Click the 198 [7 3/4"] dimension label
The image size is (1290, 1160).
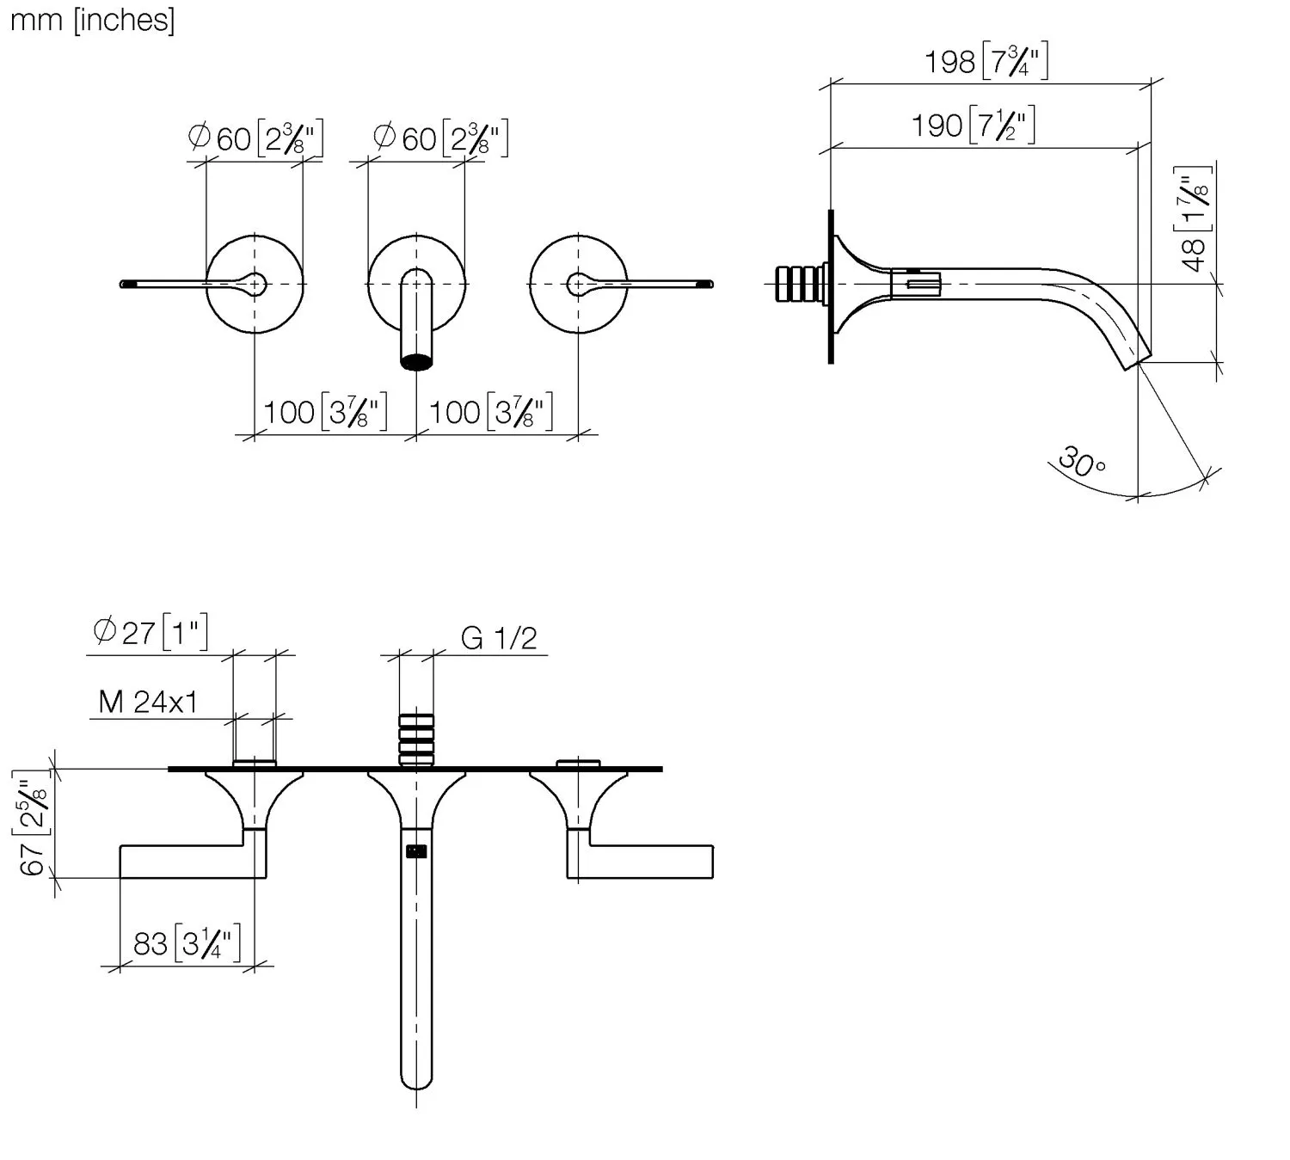pyautogui.click(x=986, y=60)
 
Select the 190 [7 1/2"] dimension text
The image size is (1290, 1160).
pyautogui.click(x=973, y=124)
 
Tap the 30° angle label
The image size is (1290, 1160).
pyautogui.click(x=1082, y=462)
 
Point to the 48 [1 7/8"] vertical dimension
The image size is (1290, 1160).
pyautogui.click(x=1192, y=219)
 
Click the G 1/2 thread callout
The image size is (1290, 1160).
pyautogui.click(x=499, y=638)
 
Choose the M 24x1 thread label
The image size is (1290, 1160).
pyautogui.click(x=148, y=702)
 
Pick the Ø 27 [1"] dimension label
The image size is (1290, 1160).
pyautogui.click(x=150, y=632)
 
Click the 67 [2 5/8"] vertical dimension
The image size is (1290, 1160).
pyautogui.click(x=31, y=823)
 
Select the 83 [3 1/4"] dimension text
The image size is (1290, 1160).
pyautogui.click(x=187, y=943)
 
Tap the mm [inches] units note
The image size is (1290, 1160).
pyautogui.click(x=93, y=21)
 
